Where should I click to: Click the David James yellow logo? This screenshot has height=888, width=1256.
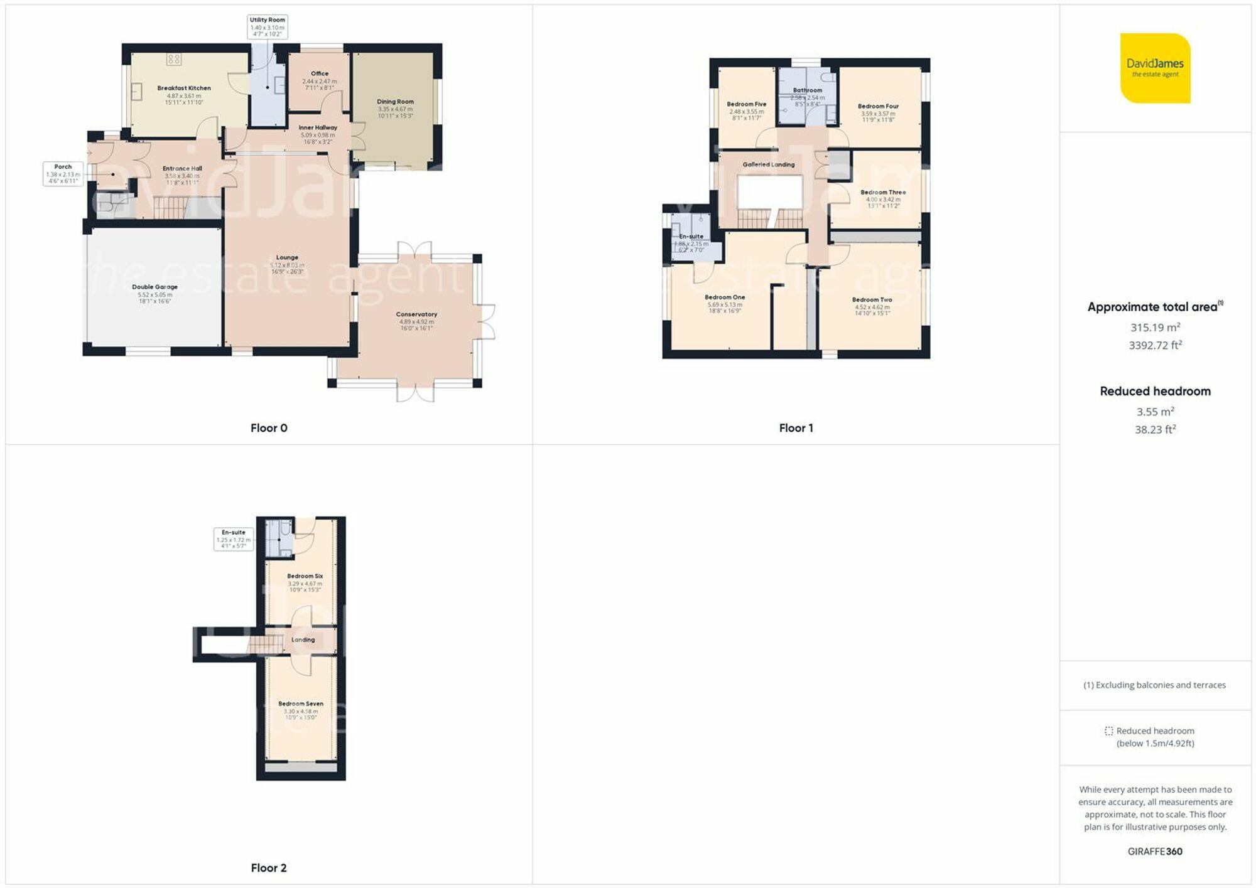point(1155,68)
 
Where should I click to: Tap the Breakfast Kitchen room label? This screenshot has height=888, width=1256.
point(184,88)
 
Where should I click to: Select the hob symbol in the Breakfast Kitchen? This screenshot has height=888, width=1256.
point(174,60)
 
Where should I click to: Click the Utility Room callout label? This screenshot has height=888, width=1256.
point(268,27)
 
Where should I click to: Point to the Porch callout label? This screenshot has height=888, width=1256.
point(63,174)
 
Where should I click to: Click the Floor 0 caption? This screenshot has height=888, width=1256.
point(269,428)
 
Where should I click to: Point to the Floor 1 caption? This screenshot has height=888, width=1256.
point(796,428)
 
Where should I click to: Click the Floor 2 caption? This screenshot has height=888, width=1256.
point(269,868)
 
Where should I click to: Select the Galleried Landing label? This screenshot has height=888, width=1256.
point(768,164)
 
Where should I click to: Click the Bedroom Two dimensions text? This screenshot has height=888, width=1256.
point(872,310)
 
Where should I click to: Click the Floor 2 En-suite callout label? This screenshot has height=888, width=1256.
point(234,538)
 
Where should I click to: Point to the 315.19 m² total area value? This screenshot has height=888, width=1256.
point(1155,328)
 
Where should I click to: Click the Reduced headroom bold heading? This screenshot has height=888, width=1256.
point(1155,391)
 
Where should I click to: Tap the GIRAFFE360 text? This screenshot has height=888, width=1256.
point(1155,852)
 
